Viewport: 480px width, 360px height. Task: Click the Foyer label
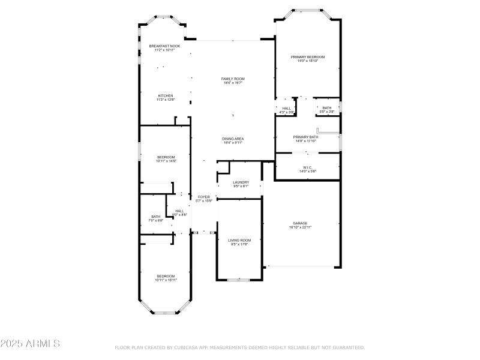(204, 197)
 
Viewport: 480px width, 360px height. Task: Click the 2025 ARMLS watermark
(30, 344)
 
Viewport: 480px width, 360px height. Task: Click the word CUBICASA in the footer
(190, 347)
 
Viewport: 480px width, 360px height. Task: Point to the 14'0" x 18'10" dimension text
(307, 61)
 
